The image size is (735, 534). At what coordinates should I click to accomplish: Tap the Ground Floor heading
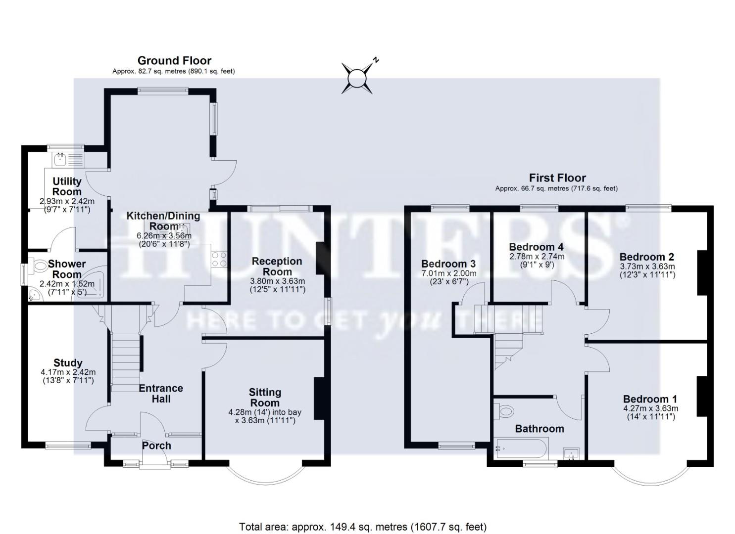(x=174, y=61)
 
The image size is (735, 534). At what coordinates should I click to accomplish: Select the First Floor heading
(x=557, y=178)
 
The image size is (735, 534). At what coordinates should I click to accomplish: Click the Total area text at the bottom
(x=362, y=527)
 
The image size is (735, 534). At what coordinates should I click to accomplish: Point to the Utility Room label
(x=67, y=186)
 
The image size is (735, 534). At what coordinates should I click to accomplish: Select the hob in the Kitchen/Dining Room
(x=219, y=260)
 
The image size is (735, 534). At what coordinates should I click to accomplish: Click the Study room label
(x=68, y=363)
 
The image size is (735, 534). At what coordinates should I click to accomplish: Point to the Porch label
(x=156, y=445)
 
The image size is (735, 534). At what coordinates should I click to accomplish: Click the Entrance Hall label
(x=160, y=394)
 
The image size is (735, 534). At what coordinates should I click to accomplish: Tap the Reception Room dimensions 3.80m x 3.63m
(x=277, y=281)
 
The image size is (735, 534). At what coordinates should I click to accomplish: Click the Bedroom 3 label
(x=448, y=264)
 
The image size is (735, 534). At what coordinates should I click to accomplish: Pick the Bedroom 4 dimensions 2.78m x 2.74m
(x=537, y=257)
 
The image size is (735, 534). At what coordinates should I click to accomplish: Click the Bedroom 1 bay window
(x=650, y=475)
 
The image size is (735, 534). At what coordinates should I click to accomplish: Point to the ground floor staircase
(x=125, y=361)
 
